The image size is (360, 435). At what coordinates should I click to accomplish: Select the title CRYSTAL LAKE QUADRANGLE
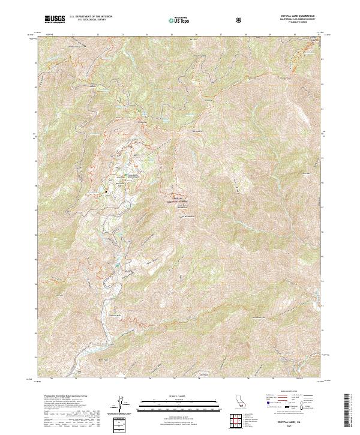pyautogui.click(x=292, y=16)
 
